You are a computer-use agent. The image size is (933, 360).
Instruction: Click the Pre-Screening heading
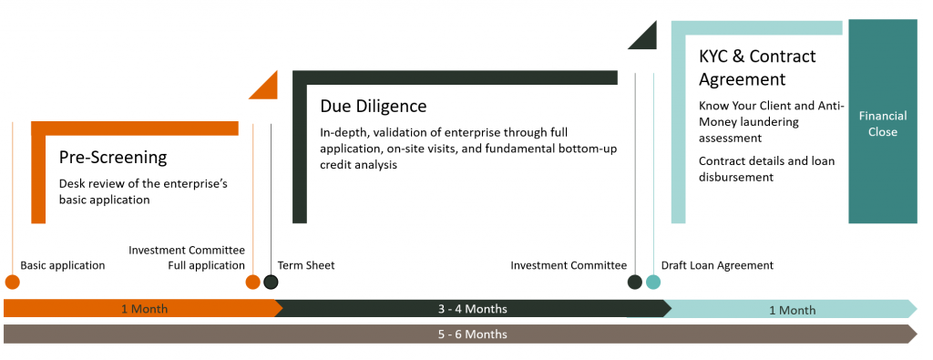pyautogui.click(x=113, y=158)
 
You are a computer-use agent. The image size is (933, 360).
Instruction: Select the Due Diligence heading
pyautogui.click(x=374, y=106)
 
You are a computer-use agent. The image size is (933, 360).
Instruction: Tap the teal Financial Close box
pyautogui.click(x=882, y=121)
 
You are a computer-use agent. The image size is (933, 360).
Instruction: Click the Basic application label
pyautogui.click(x=63, y=265)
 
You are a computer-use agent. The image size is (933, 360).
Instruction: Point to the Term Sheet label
pyautogui.click(x=306, y=265)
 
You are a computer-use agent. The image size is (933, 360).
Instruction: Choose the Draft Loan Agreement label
pyautogui.click(x=717, y=265)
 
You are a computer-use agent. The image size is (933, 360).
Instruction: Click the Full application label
pyautogui.click(x=207, y=265)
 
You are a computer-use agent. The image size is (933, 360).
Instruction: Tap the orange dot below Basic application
pyautogui.click(x=12, y=282)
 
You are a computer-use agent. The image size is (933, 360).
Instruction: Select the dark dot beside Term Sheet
pyautogui.click(x=271, y=282)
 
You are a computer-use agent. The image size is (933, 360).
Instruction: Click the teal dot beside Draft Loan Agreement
pyautogui.click(x=653, y=282)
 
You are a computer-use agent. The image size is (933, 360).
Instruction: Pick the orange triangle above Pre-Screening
pyautogui.click(x=268, y=89)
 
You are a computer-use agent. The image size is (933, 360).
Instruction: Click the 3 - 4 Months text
pyautogui.click(x=473, y=309)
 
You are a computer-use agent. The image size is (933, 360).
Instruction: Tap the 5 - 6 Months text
pyautogui.click(x=473, y=334)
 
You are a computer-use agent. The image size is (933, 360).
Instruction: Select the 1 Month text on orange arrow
pyautogui.click(x=144, y=309)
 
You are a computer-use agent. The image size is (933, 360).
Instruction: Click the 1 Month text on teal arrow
pyautogui.click(x=793, y=310)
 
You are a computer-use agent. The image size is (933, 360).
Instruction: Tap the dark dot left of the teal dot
pyautogui.click(x=635, y=282)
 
